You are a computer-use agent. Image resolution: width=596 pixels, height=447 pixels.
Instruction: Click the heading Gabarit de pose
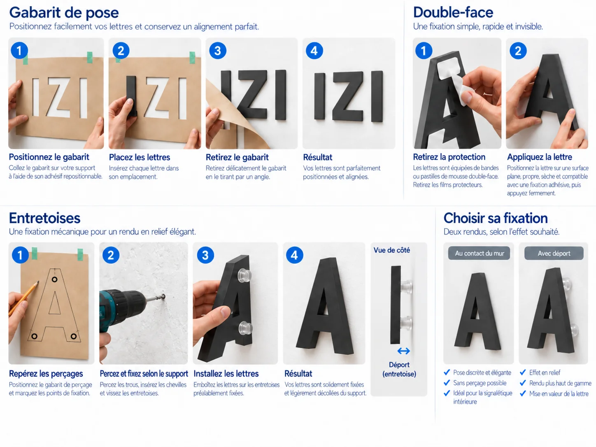click(x=64, y=13)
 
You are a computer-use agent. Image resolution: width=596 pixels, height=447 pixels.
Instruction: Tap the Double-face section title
click(x=453, y=12)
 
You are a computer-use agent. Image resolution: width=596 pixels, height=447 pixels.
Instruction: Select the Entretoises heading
click(x=44, y=218)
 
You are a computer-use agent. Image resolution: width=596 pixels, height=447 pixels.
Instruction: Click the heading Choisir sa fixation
click(x=496, y=218)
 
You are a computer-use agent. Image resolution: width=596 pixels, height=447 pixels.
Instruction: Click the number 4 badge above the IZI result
click(x=314, y=51)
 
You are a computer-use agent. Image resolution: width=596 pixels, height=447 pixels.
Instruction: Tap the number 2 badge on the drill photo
click(x=111, y=255)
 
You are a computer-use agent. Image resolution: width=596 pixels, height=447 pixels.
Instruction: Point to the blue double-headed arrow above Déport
click(x=403, y=351)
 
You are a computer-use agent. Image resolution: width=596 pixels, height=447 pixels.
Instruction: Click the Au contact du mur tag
click(x=479, y=253)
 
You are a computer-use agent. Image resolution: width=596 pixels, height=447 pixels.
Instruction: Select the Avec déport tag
click(x=554, y=253)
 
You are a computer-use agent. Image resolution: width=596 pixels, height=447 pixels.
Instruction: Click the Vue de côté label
click(x=391, y=250)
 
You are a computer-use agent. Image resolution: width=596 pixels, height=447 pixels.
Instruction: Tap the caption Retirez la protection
click(x=449, y=157)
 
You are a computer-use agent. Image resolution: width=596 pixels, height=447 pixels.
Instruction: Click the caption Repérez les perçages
click(x=46, y=373)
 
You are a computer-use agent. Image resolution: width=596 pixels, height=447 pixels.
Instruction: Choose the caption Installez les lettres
click(x=226, y=373)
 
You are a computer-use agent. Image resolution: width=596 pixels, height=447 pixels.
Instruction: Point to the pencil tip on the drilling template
click(x=38, y=282)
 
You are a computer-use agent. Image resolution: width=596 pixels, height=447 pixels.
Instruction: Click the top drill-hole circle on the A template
click(x=55, y=279)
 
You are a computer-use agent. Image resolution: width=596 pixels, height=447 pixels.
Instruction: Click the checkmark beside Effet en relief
click(x=523, y=372)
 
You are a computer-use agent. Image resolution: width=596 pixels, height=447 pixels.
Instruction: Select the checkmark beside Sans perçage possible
click(x=447, y=383)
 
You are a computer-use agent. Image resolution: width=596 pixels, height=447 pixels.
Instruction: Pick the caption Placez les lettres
click(x=140, y=157)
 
